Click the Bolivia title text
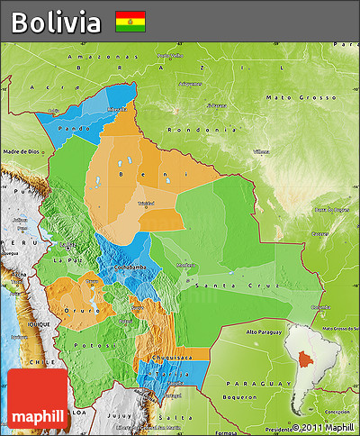tap(56, 22)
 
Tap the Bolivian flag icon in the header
tap(130, 22)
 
